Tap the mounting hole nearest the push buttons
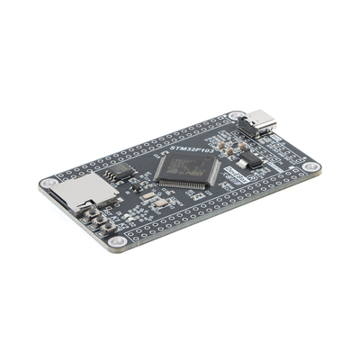tap(115, 244)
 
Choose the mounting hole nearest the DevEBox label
tap(310, 167)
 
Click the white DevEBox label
tap(234, 171)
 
